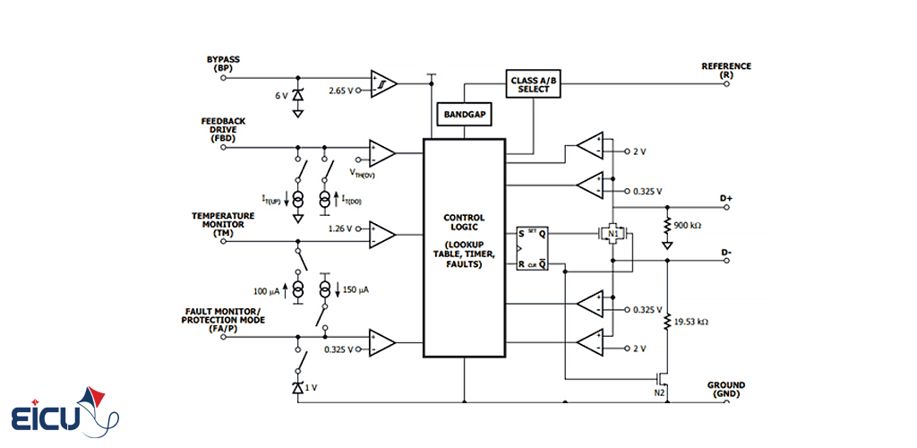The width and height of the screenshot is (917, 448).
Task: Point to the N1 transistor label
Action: [614, 235]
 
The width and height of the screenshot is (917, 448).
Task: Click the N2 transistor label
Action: [660, 392]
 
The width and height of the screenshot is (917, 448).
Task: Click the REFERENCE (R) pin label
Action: [726, 70]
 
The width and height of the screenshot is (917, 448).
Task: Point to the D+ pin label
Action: [726, 197]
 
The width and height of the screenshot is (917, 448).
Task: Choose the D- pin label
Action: [726, 253]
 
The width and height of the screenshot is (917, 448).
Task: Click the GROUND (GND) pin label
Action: [725, 390]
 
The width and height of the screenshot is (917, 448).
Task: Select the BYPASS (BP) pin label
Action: [223, 64]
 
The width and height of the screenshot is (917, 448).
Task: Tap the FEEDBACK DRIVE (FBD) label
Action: [223, 130]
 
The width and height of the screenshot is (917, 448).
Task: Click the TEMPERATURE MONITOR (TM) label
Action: [223, 225]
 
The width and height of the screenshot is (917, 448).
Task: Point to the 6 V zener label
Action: [281, 95]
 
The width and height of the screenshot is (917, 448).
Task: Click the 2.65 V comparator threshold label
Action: [341, 91]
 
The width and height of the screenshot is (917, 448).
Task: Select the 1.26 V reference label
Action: [341, 228]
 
